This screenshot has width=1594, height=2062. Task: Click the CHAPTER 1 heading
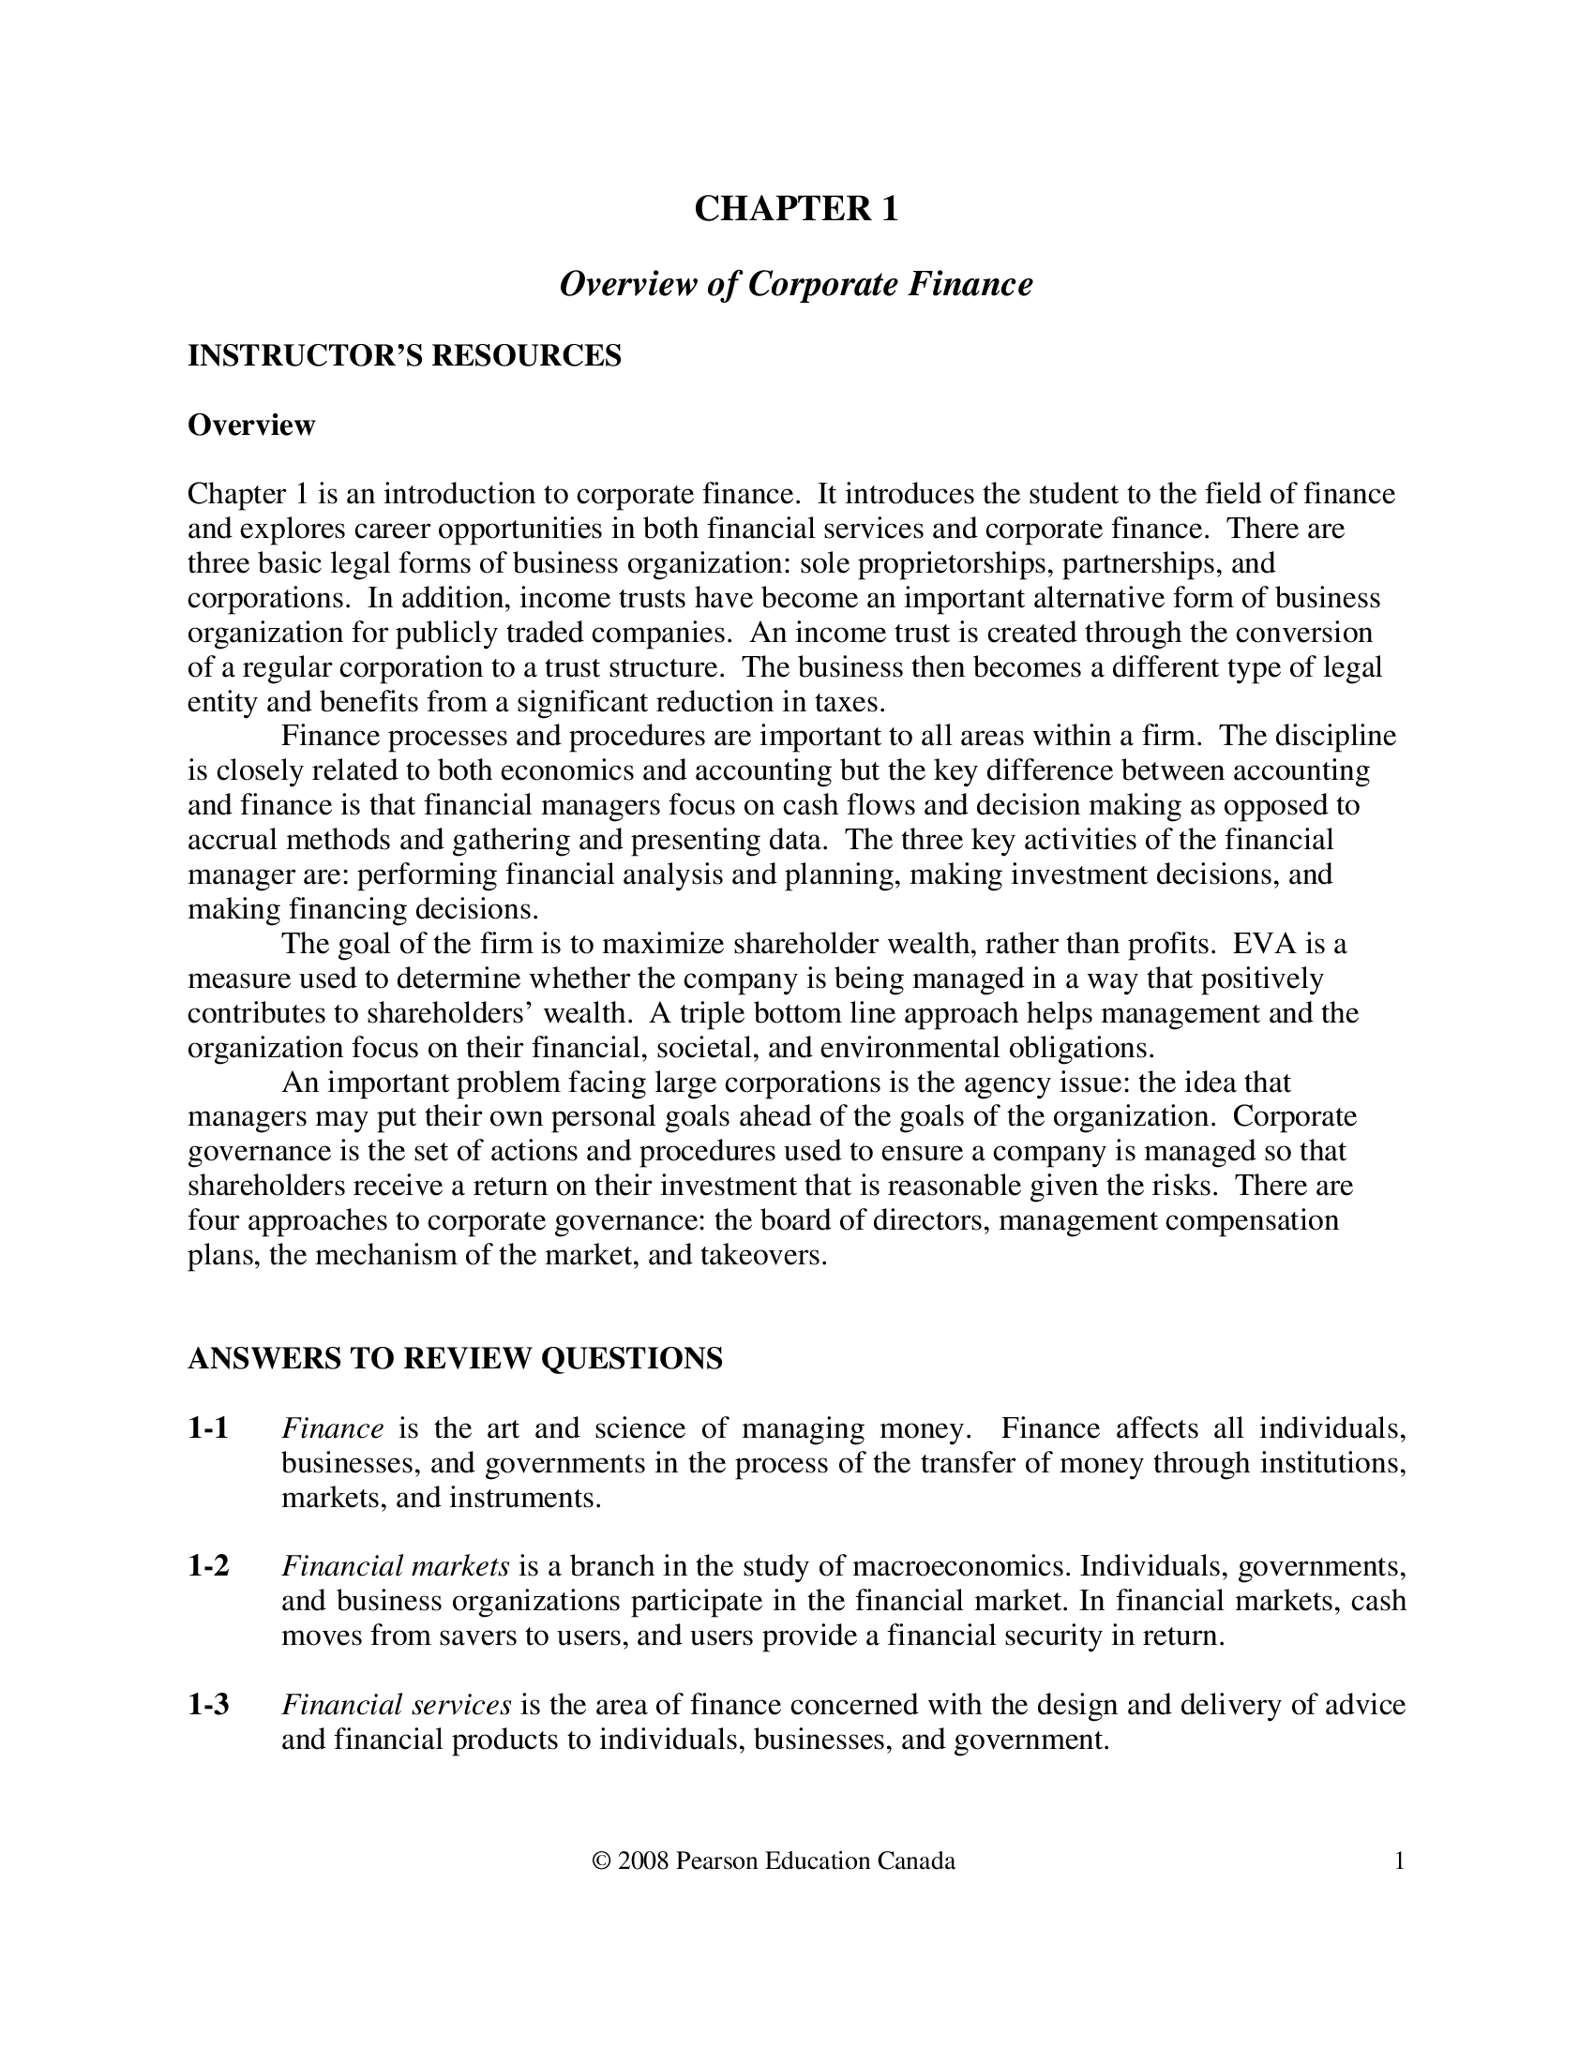click(796, 209)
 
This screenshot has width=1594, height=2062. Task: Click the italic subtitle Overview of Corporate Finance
click(796, 283)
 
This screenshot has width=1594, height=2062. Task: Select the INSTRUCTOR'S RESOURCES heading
click(404, 356)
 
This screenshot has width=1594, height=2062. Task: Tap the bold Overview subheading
click(251, 425)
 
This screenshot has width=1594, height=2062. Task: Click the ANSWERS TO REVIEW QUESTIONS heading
click(455, 1359)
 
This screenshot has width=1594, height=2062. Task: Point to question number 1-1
click(209, 1428)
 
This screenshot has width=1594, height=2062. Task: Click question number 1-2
click(209, 1566)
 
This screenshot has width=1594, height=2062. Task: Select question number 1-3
click(209, 1704)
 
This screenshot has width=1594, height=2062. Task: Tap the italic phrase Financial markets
click(396, 1566)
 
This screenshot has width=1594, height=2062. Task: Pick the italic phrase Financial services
click(397, 1704)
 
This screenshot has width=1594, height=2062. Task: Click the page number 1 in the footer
click(1400, 1860)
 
